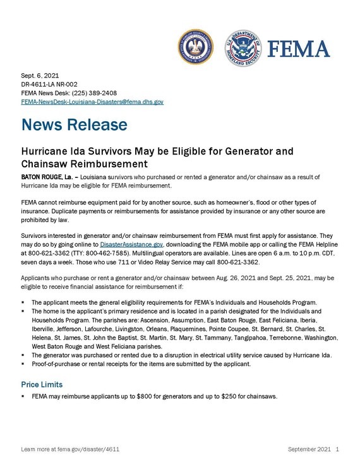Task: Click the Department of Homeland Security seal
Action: coord(243,47)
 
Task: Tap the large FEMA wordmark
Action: coord(299,49)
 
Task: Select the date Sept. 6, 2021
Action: coord(40,75)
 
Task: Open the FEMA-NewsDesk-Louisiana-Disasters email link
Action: coord(92,102)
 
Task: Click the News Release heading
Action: coord(74,125)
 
